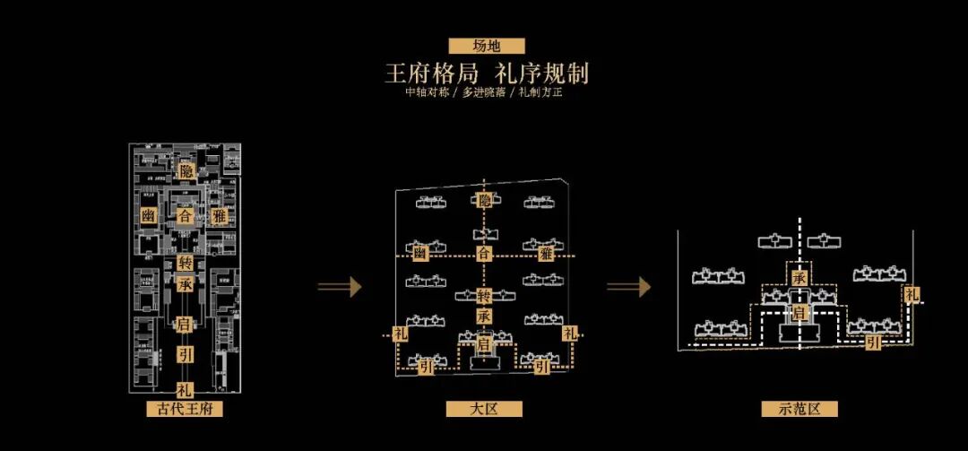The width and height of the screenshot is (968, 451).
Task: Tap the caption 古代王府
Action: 185,410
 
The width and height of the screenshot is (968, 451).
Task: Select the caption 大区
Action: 484,410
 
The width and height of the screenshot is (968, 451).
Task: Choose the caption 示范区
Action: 799,410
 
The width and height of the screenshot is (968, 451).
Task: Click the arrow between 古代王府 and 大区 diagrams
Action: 339,286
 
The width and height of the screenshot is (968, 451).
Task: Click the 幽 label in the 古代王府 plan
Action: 149,216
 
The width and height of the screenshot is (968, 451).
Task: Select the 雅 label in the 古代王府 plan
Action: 220,216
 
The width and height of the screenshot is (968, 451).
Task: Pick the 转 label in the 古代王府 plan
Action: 186,263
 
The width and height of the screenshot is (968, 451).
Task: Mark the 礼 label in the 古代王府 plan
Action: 186,390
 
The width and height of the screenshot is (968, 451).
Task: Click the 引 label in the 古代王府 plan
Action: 186,353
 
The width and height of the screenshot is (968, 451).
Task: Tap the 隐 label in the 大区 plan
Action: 484,201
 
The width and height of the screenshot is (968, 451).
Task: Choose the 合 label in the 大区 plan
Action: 484,255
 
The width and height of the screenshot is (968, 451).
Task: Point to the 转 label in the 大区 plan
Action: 484,297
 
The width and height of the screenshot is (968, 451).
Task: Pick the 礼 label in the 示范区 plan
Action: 911,294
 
